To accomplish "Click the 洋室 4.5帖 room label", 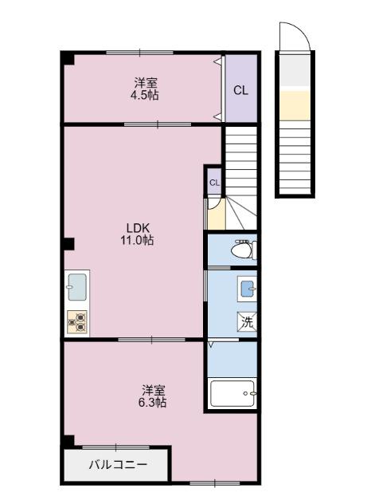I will (x=145, y=89).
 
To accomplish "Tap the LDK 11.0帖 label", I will (x=137, y=232).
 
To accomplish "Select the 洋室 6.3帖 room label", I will (x=154, y=396).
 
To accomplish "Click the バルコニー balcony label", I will (x=117, y=464).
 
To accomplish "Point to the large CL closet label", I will (x=240, y=90).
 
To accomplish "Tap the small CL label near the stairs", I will (x=213, y=183).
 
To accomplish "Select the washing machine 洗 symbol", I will (x=247, y=322).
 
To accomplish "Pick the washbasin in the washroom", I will (x=247, y=288).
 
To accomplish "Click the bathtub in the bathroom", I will (x=232, y=392).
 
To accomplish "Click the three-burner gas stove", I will (x=77, y=321).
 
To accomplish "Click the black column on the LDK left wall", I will (x=68, y=243).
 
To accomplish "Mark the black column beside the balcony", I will (x=68, y=441).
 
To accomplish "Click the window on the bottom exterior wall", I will (x=214, y=482).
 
